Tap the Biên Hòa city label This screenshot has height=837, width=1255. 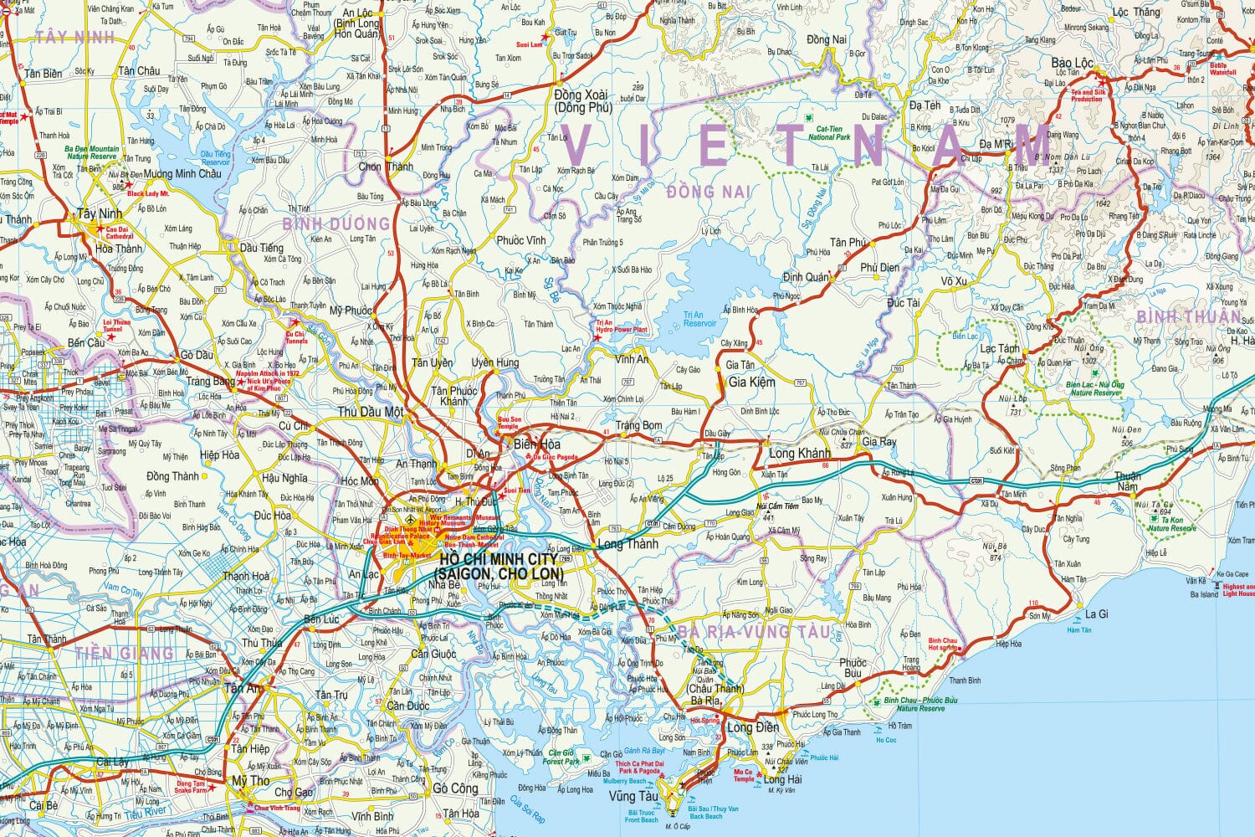tap(536, 444)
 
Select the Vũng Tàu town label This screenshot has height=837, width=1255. tap(633, 796)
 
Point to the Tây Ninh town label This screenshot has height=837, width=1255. tap(99, 213)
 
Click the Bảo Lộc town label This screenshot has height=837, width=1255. tap(1072, 64)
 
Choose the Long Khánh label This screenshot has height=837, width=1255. tap(799, 453)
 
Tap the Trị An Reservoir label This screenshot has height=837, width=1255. tap(699, 319)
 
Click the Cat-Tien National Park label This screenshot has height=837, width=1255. tap(827, 133)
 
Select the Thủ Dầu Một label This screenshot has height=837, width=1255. tap(370, 412)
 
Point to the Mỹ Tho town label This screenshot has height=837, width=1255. tap(251, 780)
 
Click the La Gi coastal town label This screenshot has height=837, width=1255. tap(1096, 614)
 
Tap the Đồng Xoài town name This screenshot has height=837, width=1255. tap(580, 95)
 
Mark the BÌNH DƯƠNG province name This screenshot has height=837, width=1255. tap(336, 224)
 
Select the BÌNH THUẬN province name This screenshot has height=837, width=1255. tap(1188, 316)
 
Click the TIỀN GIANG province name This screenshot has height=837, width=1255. tap(124, 652)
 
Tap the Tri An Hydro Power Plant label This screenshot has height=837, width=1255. tap(622, 326)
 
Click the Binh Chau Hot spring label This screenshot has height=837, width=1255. tap(942, 643)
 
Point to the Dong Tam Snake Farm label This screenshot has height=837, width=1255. tap(191, 787)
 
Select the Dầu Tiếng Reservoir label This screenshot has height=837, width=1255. tap(215, 157)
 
